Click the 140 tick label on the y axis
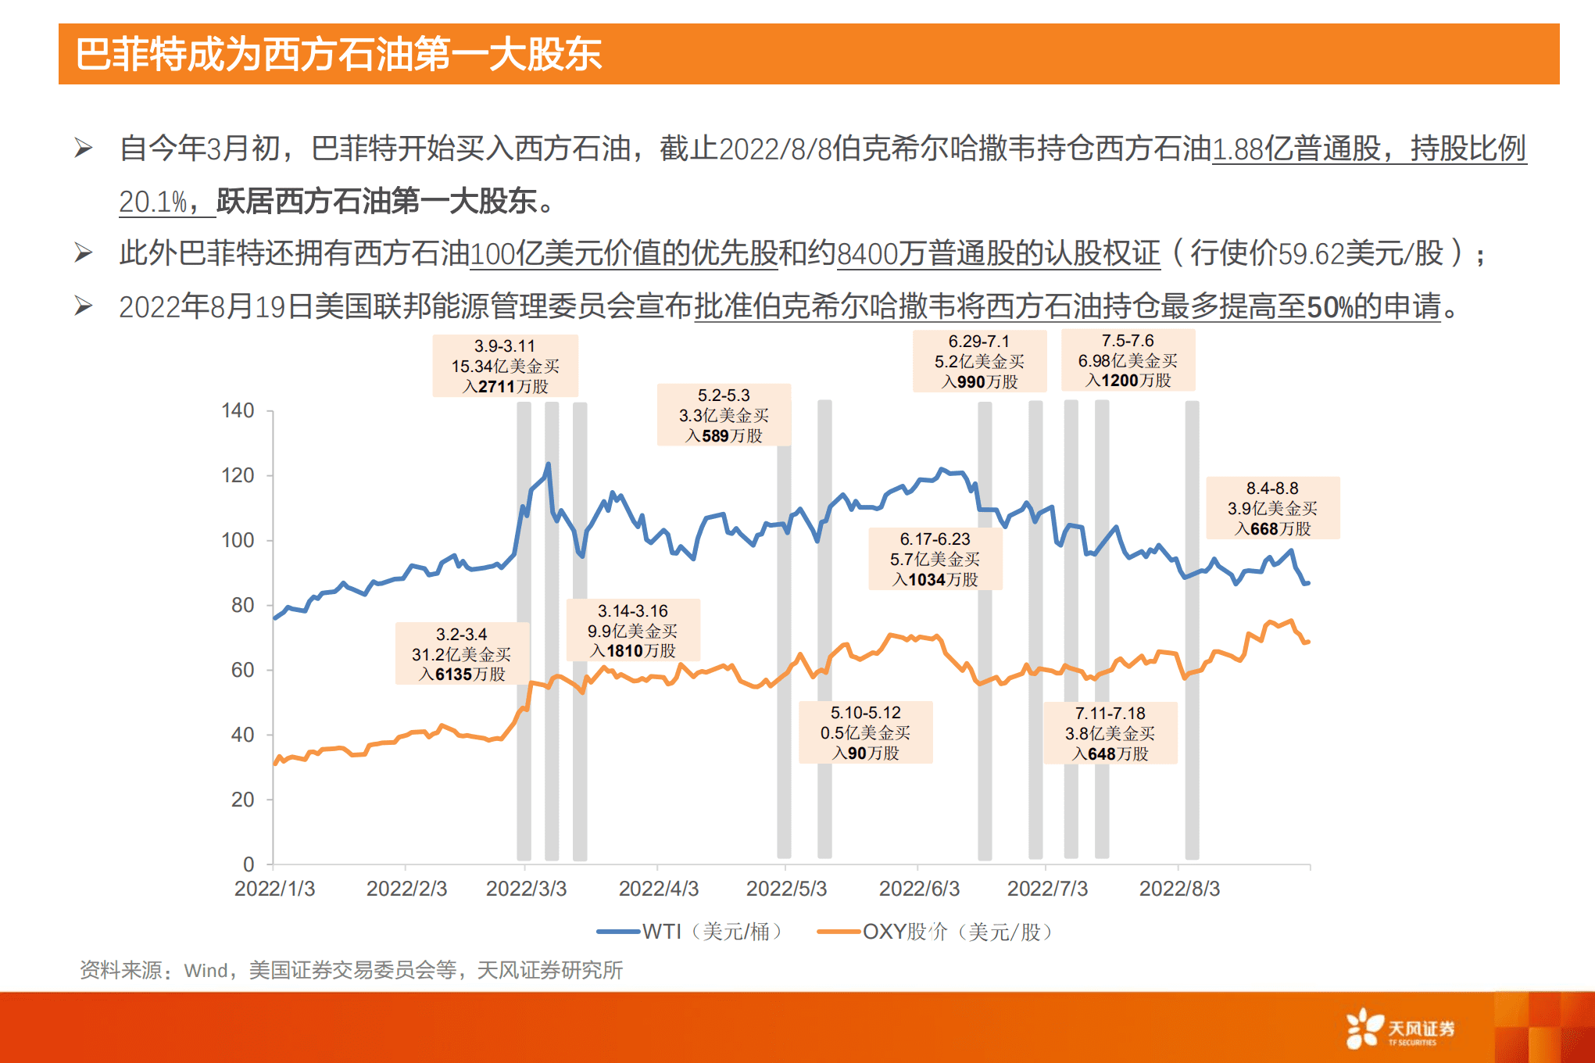(238, 410)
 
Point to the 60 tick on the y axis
(242, 670)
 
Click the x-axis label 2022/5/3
(786, 889)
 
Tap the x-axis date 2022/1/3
(274, 889)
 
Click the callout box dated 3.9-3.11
(505, 366)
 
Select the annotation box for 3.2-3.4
(461, 654)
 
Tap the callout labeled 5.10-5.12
(865, 732)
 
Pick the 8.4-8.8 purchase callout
(1272, 508)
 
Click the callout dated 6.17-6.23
(935, 559)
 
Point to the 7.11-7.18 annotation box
(1110, 733)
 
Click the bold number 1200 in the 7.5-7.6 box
(1119, 381)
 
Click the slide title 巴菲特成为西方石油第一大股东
(338, 55)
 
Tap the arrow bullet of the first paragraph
(84, 148)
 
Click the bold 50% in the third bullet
(1329, 307)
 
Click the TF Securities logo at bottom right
(1399, 1029)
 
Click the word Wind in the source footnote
(206, 971)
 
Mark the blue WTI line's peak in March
(548, 464)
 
